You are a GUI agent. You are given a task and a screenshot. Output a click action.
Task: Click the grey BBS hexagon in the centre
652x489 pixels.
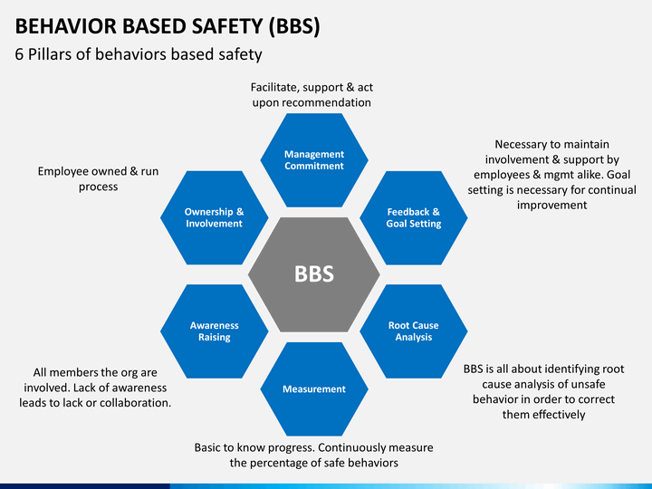coord(314,273)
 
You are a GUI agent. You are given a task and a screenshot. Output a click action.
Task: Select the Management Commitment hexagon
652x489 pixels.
coord(314,159)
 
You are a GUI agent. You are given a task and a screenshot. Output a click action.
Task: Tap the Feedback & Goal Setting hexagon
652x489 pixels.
coord(413,217)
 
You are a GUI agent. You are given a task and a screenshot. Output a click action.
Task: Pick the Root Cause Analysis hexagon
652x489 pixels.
coord(413,331)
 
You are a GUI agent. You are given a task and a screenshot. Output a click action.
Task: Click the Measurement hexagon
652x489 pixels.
coord(314,388)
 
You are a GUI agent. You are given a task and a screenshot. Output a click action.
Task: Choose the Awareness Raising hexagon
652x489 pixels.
coord(215,331)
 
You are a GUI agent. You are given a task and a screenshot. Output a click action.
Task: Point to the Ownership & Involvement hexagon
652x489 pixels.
coord(215,217)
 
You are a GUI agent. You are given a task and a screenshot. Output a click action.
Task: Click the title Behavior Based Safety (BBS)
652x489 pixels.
coord(168,26)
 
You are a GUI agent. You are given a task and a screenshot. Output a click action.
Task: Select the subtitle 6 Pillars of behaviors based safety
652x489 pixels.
coord(139,54)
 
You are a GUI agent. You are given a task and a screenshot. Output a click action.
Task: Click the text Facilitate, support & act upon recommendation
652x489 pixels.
coord(312,95)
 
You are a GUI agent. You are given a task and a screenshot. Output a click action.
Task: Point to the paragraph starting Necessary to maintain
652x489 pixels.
coord(551,175)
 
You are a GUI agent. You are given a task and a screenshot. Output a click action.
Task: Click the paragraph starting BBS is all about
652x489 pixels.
coord(544,391)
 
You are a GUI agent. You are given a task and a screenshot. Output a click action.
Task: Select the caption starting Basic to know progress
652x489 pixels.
coord(314,455)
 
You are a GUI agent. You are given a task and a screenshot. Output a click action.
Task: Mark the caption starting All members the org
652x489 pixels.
coord(95,387)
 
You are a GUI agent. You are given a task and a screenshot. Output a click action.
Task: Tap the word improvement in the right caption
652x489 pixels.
coord(551,206)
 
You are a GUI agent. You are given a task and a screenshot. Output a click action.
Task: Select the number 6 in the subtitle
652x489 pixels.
coord(20,54)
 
